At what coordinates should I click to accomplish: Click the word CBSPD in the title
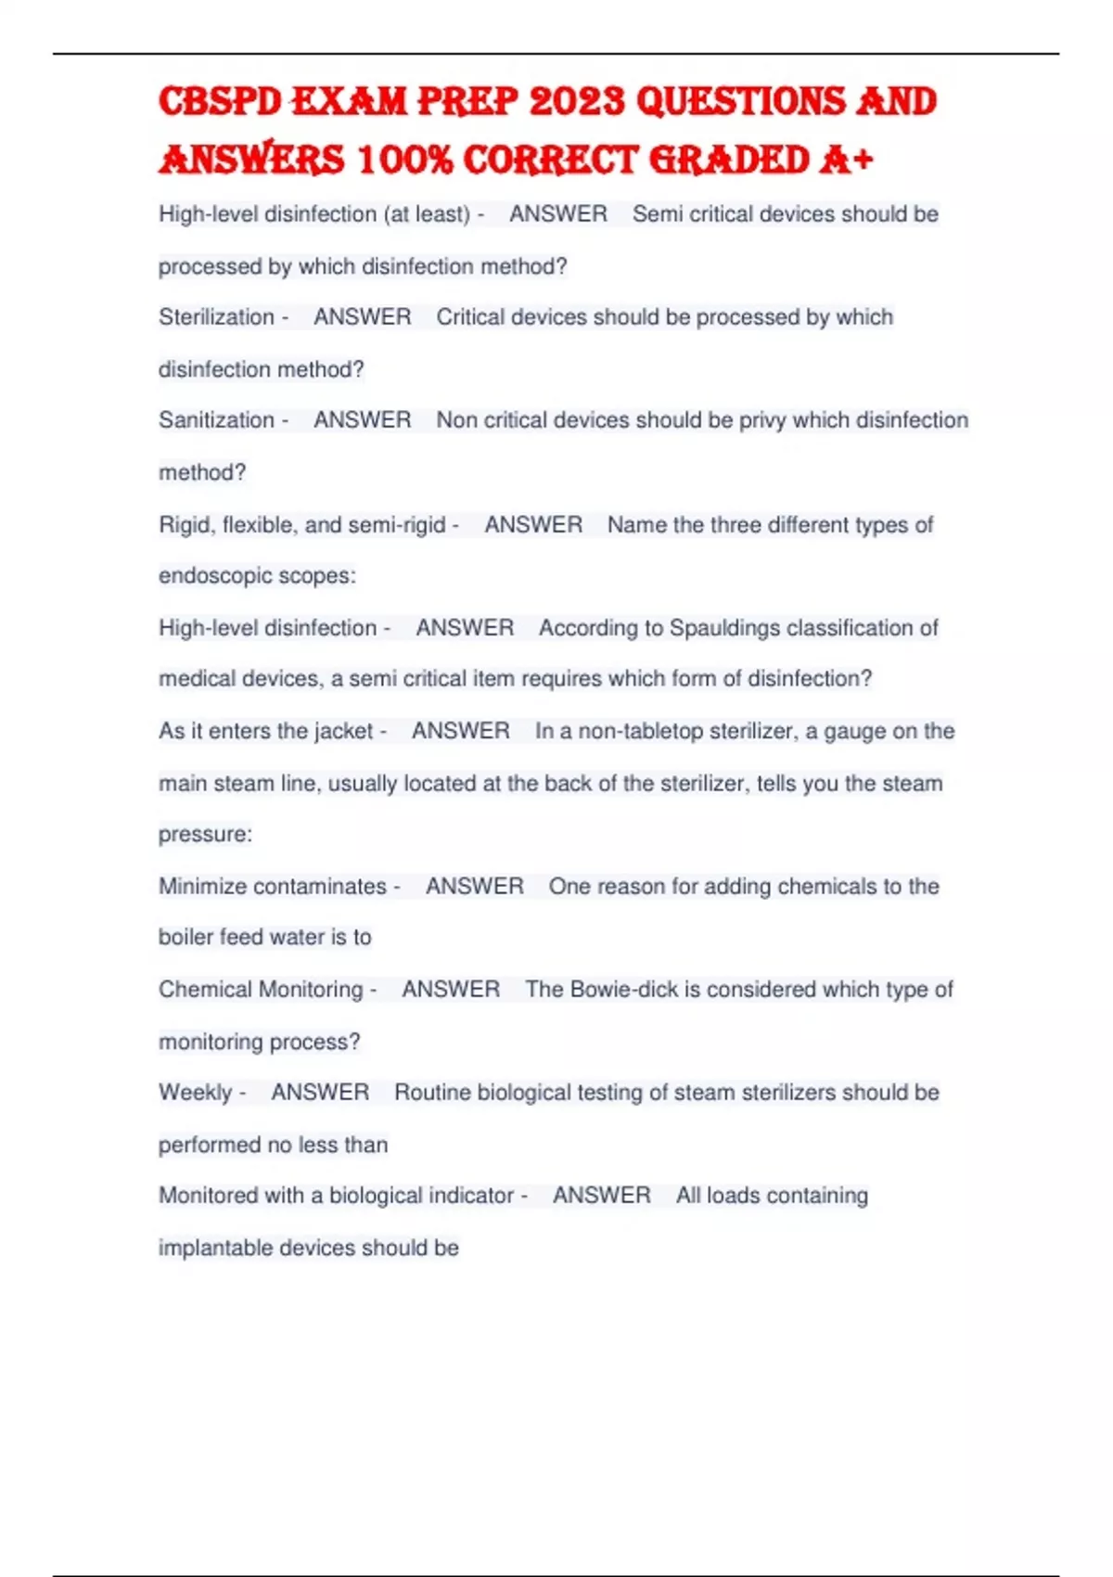[219, 102]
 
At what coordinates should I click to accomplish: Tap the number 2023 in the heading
[577, 102]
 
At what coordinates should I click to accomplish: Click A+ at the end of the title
[846, 160]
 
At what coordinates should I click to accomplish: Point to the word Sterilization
[216, 317]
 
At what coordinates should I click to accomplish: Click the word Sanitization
[216, 420]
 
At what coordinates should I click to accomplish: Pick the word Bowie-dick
[623, 990]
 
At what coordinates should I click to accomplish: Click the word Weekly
[195, 1093]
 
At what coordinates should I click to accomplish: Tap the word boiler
[183, 937]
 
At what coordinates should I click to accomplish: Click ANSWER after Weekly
[320, 1093]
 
